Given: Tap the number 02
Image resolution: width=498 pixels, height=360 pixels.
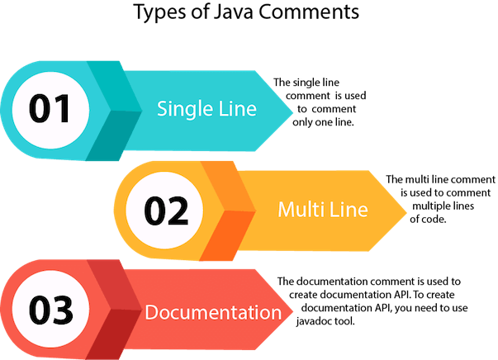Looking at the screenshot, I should click(166, 212).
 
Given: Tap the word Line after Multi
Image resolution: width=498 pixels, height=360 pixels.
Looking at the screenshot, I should click(347, 210).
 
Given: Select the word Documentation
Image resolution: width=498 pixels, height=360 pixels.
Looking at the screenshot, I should click(213, 313).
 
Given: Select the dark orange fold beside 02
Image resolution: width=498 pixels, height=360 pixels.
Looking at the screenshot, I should click(227, 235).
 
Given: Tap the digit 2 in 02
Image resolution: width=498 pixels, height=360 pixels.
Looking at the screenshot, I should click(180, 212).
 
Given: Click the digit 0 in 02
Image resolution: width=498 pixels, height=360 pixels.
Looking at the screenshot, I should click(154, 212).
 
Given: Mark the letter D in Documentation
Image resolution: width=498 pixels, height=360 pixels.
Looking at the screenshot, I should click(150, 313).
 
